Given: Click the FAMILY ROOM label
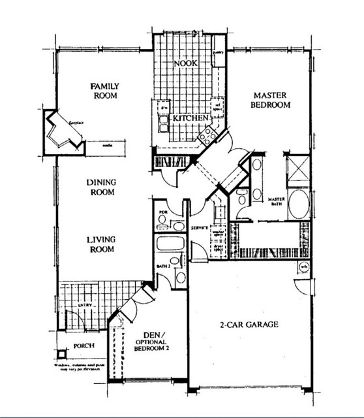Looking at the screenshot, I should point(103,90).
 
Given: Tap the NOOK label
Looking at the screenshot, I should point(185,63).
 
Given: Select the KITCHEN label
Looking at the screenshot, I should point(190,118).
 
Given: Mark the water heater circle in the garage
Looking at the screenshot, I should point(304,266).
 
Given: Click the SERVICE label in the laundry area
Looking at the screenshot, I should point(198,227).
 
